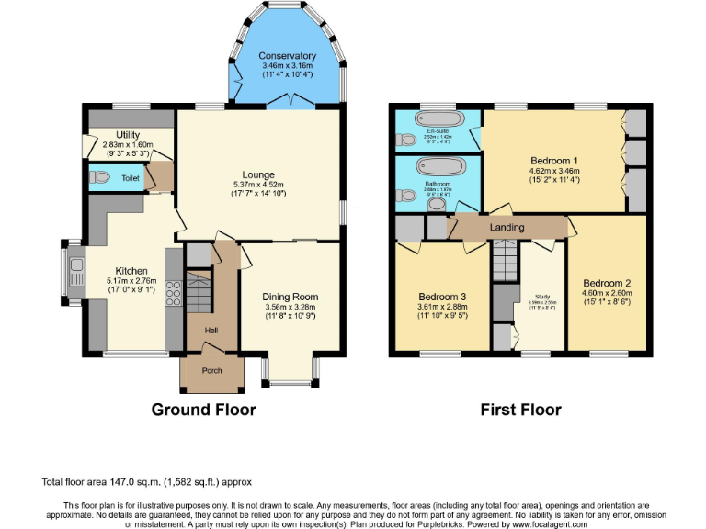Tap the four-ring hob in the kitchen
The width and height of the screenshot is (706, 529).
(x=171, y=289)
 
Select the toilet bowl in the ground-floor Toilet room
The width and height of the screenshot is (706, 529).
(x=97, y=177)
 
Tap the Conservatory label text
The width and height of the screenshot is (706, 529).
(x=287, y=56)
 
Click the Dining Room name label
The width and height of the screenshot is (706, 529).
(x=290, y=297)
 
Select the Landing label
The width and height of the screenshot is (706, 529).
(x=507, y=227)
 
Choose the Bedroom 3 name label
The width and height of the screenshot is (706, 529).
(x=442, y=298)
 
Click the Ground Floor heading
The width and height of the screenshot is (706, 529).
(x=203, y=410)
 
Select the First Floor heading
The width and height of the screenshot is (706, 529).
(x=520, y=410)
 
